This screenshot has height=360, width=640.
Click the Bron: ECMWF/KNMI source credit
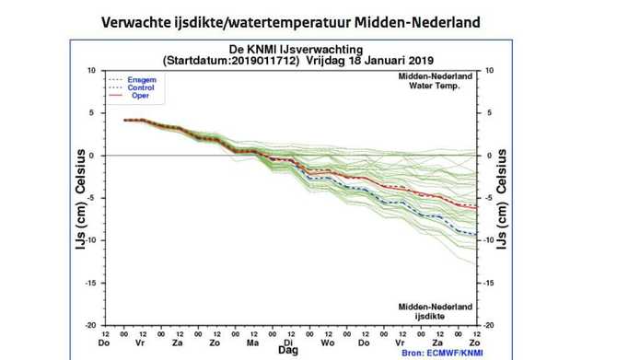tap(440, 351)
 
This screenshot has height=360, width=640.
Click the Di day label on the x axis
tap(288, 341)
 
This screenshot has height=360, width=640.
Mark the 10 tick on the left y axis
tap(90, 70)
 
